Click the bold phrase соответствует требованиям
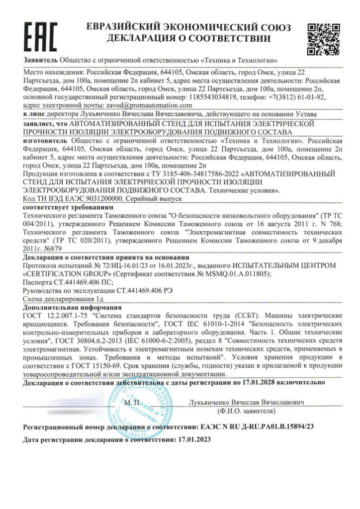click(57, 206)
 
